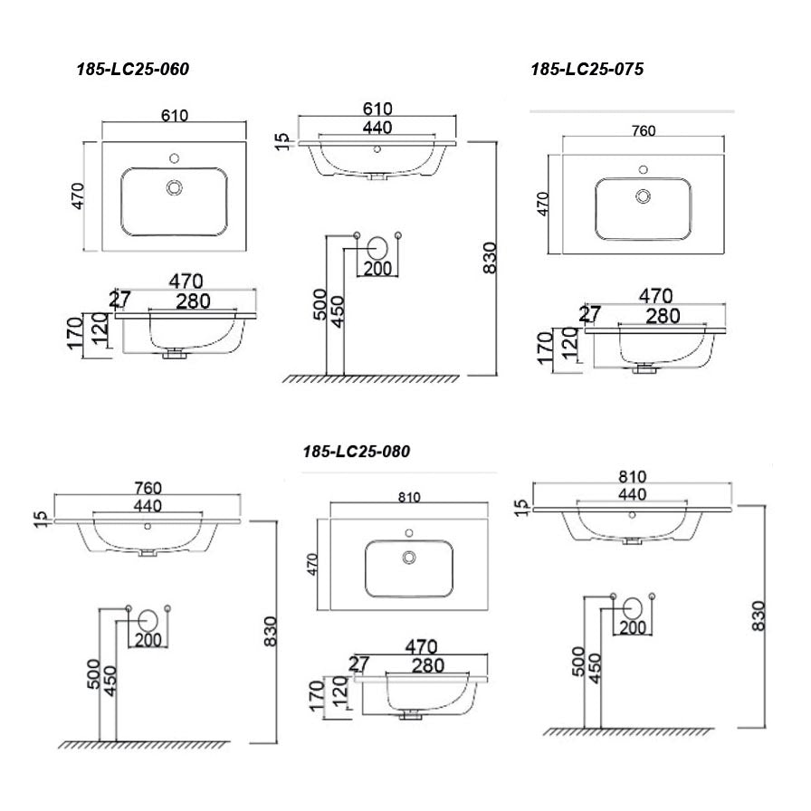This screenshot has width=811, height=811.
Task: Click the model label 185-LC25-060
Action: click(x=132, y=70)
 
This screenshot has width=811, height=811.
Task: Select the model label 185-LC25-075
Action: click(x=587, y=69)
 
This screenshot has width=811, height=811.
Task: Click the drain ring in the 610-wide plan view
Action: click(x=174, y=187)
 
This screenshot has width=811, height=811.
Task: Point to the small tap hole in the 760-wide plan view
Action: click(x=644, y=168)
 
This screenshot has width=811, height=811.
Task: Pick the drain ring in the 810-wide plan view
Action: click(x=409, y=557)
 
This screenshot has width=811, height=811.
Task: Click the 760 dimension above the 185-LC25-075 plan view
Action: click(x=643, y=131)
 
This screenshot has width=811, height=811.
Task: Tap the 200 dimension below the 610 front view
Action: click(x=377, y=269)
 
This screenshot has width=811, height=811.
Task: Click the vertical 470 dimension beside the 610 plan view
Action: click(x=78, y=196)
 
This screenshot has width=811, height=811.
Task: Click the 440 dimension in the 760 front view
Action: click(x=147, y=506)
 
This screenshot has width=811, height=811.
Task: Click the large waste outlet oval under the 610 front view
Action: click(x=378, y=245)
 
